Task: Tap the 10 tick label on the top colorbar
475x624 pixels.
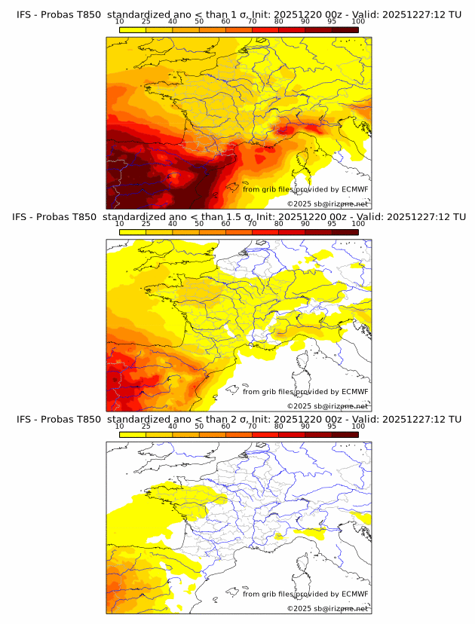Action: tap(119, 22)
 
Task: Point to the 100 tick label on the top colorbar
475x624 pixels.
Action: tap(358, 22)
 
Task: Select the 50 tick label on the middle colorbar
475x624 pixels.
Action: tap(199, 224)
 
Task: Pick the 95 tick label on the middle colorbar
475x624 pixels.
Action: tap(332, 224)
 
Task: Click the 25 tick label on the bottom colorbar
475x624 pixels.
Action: tap(146, 427)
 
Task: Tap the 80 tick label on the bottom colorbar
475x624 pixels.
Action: tap(279, 427)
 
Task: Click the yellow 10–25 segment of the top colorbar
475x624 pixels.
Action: tap(133, 30)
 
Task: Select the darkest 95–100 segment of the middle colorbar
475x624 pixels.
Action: tap(345, 232)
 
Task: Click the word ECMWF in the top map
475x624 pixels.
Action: tap(355, 189)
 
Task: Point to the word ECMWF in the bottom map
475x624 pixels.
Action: tap(355, 594)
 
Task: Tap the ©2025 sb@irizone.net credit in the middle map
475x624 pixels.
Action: tap(328, 406)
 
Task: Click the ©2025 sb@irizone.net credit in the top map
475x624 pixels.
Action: tap(328, 204)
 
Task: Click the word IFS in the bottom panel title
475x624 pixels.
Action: tap(24, 419)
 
